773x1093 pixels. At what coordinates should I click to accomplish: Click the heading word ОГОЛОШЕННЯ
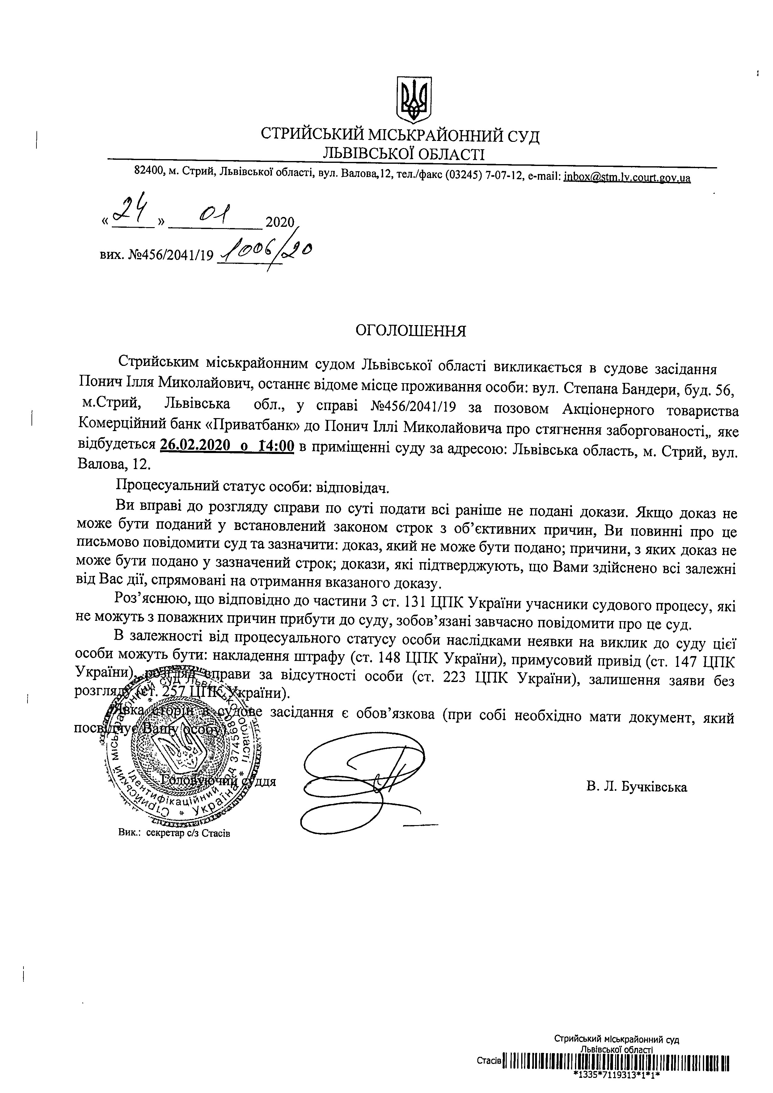tap(411, 331)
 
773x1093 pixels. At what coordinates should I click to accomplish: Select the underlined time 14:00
tap(277, 446)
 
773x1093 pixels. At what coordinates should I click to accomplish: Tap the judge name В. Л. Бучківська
tap(636, 787)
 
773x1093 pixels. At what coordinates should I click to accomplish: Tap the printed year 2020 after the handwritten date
tap(280, 222)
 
